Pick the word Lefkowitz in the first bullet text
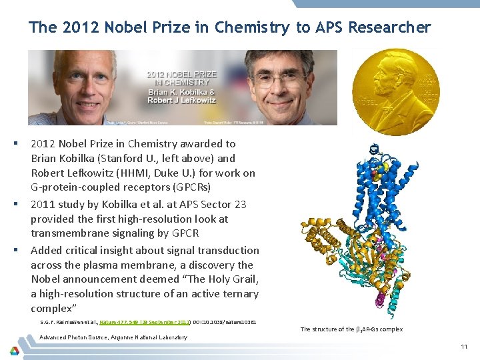(x=87, y=173)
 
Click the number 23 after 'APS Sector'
(x=237, y=204)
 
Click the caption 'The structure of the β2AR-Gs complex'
(x=351, y=329)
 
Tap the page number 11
(x=464, y=347)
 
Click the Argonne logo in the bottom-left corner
(x=15, y=350)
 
